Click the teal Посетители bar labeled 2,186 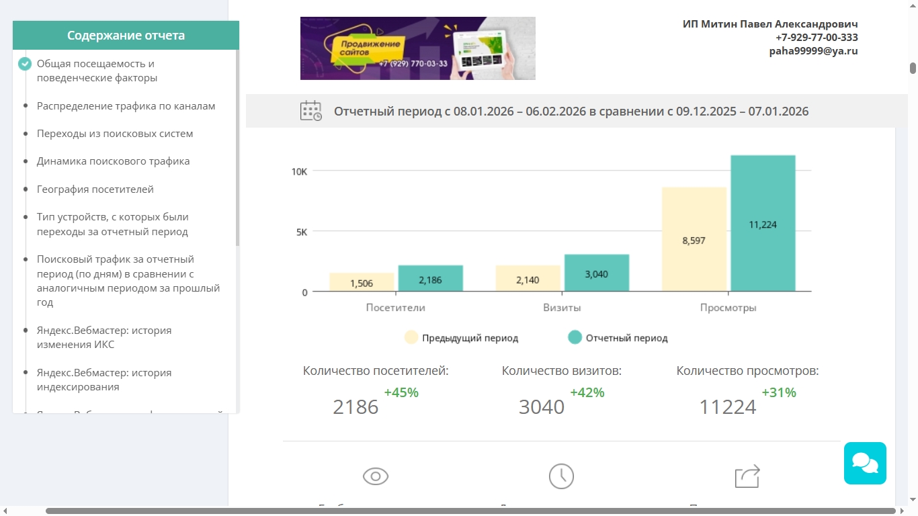[430, 279]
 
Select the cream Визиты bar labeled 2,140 [528, 279]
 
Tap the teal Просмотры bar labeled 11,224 [763, 224]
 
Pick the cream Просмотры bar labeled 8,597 [694, 240]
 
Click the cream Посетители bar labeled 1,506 [362, 283]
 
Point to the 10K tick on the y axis [299, 171]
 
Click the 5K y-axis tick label [300, 232]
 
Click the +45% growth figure [401, 392]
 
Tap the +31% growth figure [779, 392]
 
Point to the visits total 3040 [542, 407]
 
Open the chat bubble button [865, 463]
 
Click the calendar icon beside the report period [310, 111]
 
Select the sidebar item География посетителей [95, 189]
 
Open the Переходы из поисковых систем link [115, 134]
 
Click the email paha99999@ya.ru [813, 50]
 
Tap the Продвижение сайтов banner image [417, 48]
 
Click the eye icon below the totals [376, 476]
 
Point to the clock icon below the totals [561, 476]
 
